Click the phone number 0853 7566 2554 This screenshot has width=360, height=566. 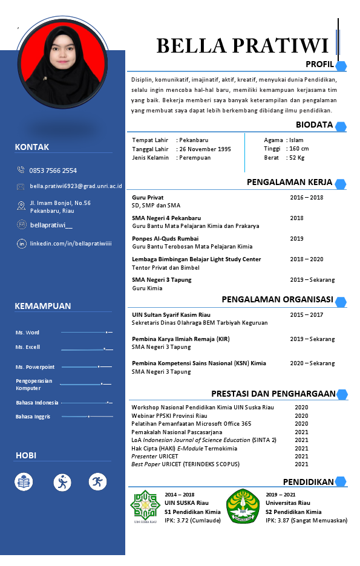[53, 171]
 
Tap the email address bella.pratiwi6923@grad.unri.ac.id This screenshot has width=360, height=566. [76, 186]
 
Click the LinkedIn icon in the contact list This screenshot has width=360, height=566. [21, 244]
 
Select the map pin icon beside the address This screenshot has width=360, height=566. [21, 206]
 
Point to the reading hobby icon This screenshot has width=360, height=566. [24, 482]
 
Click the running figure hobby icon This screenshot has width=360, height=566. [98, 482]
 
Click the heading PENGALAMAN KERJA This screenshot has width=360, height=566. [289, 183]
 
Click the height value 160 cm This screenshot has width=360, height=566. [298, 149]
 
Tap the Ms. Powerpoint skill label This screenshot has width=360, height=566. [35, 367]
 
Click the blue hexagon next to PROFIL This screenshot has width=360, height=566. [341, 66]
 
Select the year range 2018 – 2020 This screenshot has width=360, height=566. [306, 259]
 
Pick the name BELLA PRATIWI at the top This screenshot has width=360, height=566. [242, 45]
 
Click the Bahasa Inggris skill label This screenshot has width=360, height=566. [33, 417]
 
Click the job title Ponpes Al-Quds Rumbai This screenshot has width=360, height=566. [156, 239]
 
